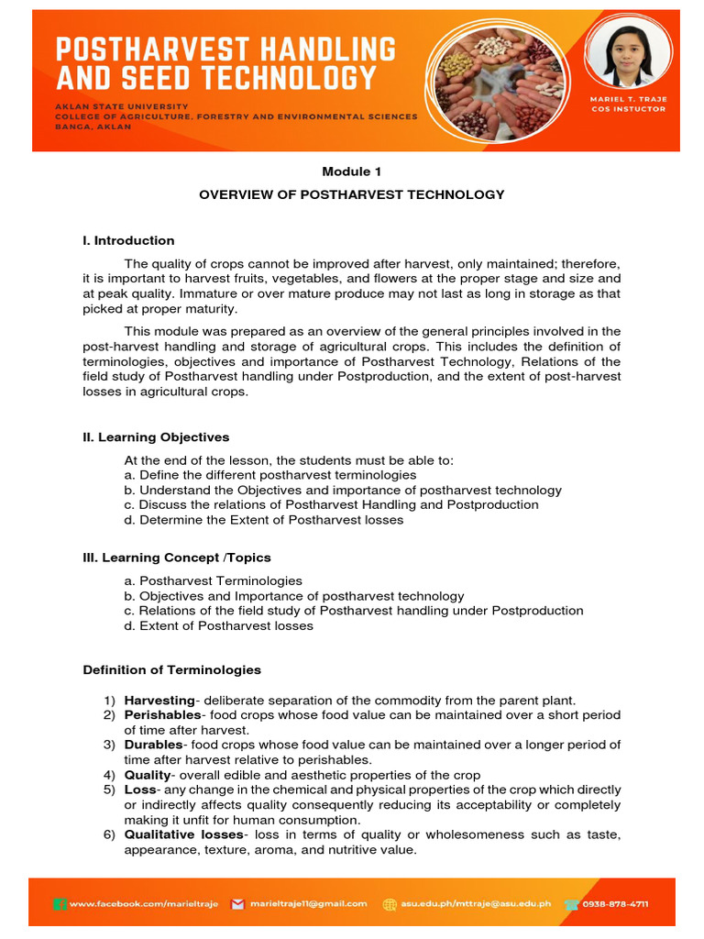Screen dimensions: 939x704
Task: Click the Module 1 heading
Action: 352,171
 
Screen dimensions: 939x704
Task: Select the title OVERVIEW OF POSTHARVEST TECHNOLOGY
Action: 352,194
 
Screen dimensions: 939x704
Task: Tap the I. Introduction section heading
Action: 128,240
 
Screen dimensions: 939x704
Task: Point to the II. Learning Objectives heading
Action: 156,437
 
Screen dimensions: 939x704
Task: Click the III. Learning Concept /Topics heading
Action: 177,558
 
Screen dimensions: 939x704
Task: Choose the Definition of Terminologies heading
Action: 171,670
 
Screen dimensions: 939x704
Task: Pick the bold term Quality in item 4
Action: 147,775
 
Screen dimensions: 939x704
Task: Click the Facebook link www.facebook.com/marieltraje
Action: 144,904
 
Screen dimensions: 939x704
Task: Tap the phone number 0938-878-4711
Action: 619,904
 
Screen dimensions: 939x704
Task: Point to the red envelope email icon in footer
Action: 237,904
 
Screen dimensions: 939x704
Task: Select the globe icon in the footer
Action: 390,904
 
